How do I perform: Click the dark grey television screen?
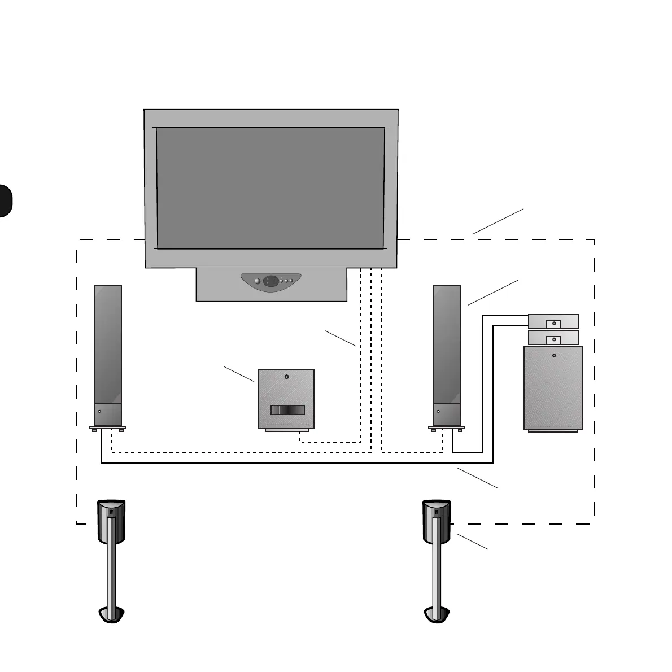coord(270,188)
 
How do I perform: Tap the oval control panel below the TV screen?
coord(270,281)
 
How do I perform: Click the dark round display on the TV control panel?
coord(270,281)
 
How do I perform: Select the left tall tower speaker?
coord(107,350)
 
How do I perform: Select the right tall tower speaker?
coord(446,350)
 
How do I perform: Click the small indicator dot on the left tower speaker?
coord(99,412)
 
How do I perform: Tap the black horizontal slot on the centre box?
coord(287,410)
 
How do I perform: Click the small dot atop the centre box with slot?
coord(286,377)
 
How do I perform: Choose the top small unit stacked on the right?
coord(553,321)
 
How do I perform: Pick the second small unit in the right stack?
coord(553,338)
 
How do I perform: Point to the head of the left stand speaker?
coord(111,520)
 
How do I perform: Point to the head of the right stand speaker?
coord(437,520)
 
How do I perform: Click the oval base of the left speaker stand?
coord(111,614)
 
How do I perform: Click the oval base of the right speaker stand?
coord(437,614)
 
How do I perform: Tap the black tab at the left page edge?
coord(5,200)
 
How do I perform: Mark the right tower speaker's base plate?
coord(446,428)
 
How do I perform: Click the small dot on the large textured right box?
coord(553,356)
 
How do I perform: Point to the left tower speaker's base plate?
coord(107,428)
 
